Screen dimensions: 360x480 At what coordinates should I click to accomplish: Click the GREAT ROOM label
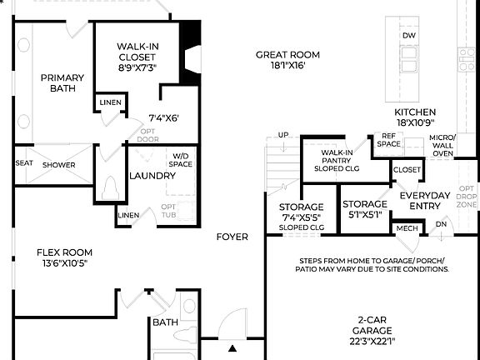pyautogui.click(x=287, y=55)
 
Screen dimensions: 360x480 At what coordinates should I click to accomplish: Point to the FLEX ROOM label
pyautogui.click(x=64, y=252)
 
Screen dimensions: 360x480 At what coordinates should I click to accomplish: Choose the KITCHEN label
pyautogui.click(x=415, y=112)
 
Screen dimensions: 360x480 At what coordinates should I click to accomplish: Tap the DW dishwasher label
pyautogui.click(x=408, y=36)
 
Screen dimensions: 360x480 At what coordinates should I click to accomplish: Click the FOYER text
pyautogui.click(x=232, y=237)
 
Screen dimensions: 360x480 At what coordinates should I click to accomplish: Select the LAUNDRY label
pyautogui.click(x=152, y=176)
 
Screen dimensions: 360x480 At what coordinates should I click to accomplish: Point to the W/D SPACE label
pyautogui.click(x=182, y=160)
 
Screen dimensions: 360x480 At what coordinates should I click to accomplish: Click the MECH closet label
pyautogui.click(x=407, y=228)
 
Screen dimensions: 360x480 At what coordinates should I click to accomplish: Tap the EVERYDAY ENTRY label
pyautogui.click(x=425, y=201)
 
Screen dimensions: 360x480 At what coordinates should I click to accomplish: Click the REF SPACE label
pyautogui.click(x=388, y=139)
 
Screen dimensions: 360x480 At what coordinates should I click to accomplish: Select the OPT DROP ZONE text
pyautogui.click(x=467, y=197)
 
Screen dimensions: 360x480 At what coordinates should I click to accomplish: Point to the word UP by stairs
pyautogui.click(x=283, y=135)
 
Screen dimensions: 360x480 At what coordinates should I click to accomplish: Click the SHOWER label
pyautogui.click(x=58, y=165)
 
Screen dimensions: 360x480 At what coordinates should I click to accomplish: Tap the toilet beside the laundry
pyautogui.click(x=109, y=191)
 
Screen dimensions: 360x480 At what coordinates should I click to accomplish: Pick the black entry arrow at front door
pyautogui.click(x=233, y=347)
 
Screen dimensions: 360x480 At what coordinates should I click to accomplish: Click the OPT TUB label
pyautogui.click(x=168, y=212)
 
